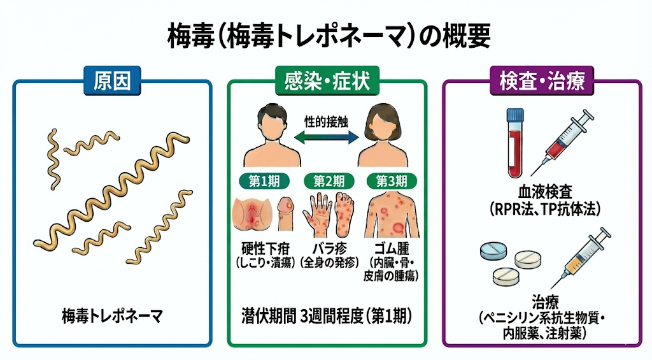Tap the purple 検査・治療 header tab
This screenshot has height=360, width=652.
(x=542, y=82)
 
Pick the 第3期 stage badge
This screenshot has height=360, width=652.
(x=391, y=180)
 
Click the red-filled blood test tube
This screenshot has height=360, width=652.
(x=514, y=143)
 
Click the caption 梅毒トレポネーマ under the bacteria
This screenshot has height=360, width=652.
(x=112, y=315)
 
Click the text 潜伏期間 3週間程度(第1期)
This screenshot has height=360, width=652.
(x=327, y=315)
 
